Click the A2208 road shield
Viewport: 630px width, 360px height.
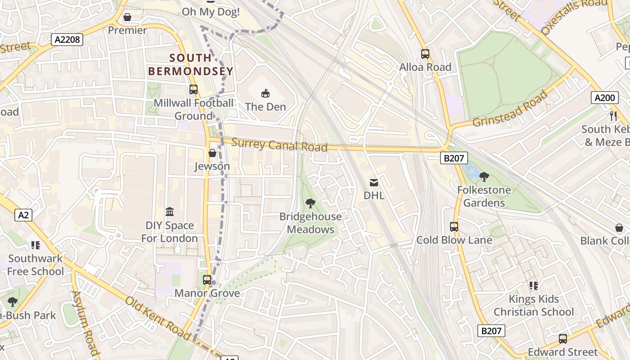pyautogui.click(x=67, y=40)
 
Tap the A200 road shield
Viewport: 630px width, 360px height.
pyautogui.click(x=604, y=98)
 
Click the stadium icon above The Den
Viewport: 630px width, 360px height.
pyautogui.click(x=265, y=93)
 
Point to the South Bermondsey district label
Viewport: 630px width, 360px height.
pyautogui.click(x=191, y=64)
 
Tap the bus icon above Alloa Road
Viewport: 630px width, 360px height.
pyautogui.click(x=425, y=54)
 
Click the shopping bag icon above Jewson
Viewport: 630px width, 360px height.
pyautogui.click(x=212, y=153)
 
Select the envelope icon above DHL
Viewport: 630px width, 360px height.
pyautogui.click(x=374, y=182)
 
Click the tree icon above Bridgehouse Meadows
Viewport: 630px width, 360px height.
pyautogui.click(x=310, y=203)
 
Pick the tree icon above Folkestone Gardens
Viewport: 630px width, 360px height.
pyautogui.click(x=484, y=177)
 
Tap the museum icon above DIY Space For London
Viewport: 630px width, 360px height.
pyautogui.click(x=170, y=211)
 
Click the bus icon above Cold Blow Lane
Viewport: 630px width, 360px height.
pyautogui.click(x=454, y=227)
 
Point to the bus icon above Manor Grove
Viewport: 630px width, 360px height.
pyautogui.click(x=207, y=280)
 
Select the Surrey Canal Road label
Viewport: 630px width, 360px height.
pyautogui.click(x=279, y=145)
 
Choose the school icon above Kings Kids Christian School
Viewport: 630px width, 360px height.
pyautogui.click(x=534, y=286)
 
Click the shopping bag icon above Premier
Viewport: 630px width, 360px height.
pyautogui.click(x=127, y=17)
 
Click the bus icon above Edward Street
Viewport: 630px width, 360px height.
pyautogui.click(x=563, y=339)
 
